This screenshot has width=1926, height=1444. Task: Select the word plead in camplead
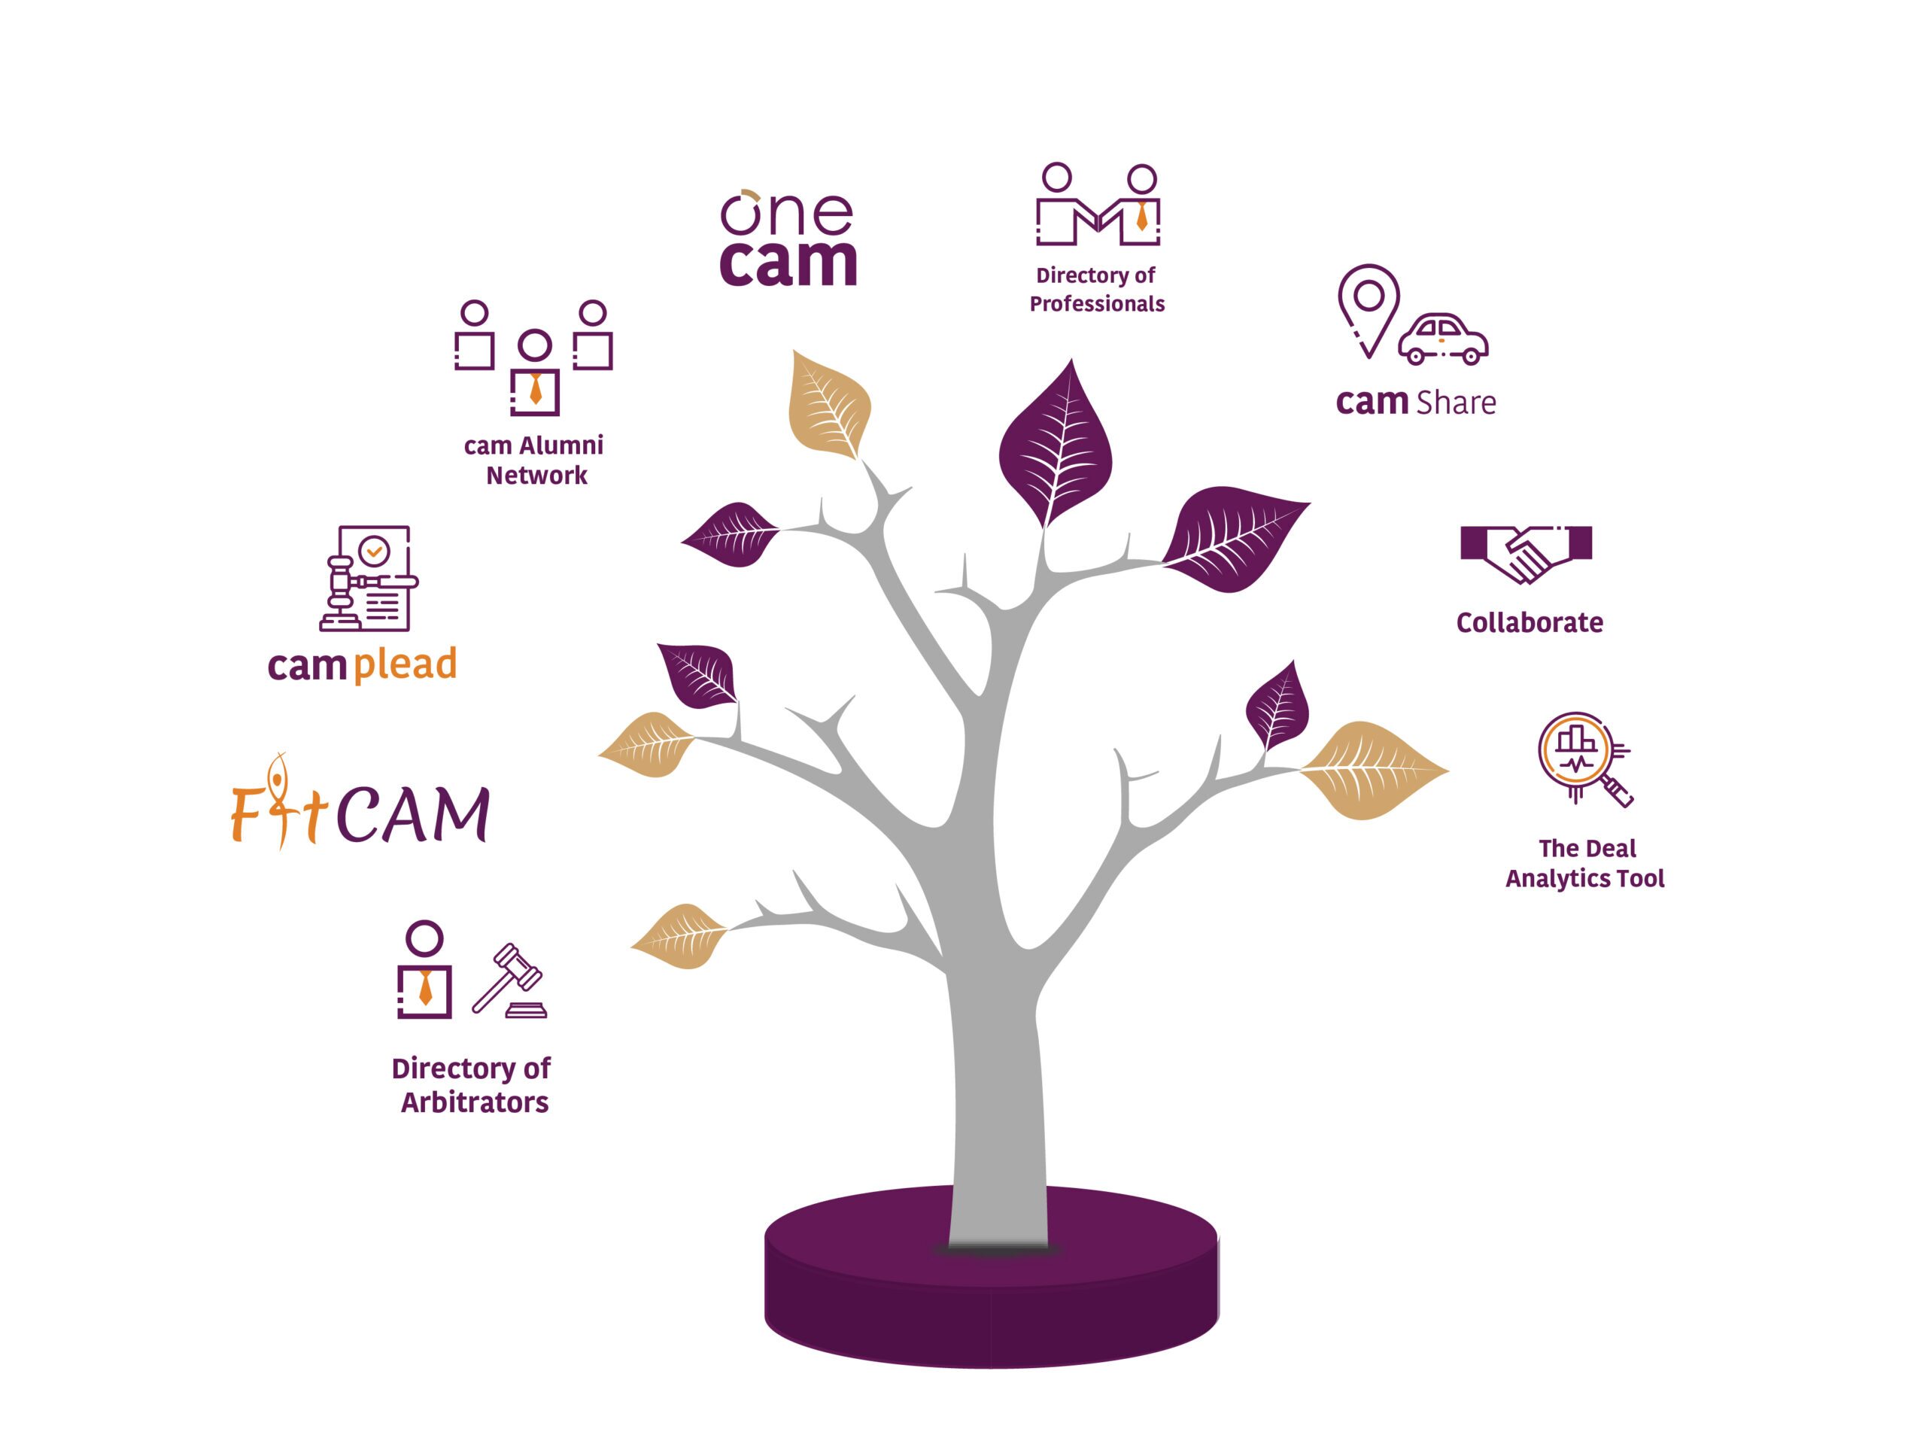(405, 665)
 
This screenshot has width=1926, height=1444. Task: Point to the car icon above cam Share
(1443, 339)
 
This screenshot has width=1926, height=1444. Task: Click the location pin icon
(1369, 309)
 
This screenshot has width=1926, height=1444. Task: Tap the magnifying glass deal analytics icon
(1583, 758)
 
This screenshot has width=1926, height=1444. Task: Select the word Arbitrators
(475, 1102)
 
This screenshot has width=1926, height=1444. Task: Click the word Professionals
(1097, 304)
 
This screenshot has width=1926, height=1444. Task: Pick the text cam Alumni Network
(533, 460)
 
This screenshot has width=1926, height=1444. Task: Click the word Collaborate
(1529, 623)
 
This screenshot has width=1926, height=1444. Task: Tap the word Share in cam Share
(1456, 403)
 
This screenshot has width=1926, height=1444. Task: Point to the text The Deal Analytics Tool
(1584, 863)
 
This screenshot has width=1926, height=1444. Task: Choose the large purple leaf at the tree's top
(1056, 444)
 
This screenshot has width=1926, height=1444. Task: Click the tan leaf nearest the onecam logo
(828, 405)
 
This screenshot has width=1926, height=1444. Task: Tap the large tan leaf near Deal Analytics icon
(1372, 770)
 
